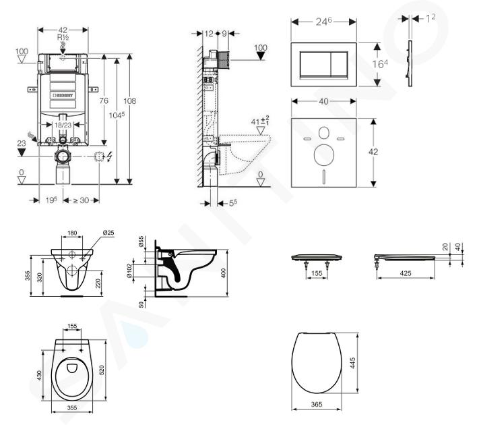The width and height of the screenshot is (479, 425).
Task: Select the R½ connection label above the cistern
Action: click(63, 39)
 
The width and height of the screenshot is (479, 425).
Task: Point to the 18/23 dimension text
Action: click(63, 125)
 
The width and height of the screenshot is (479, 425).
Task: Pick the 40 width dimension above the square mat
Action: click(323, 102)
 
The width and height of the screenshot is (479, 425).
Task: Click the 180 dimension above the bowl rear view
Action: click(72, 234)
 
